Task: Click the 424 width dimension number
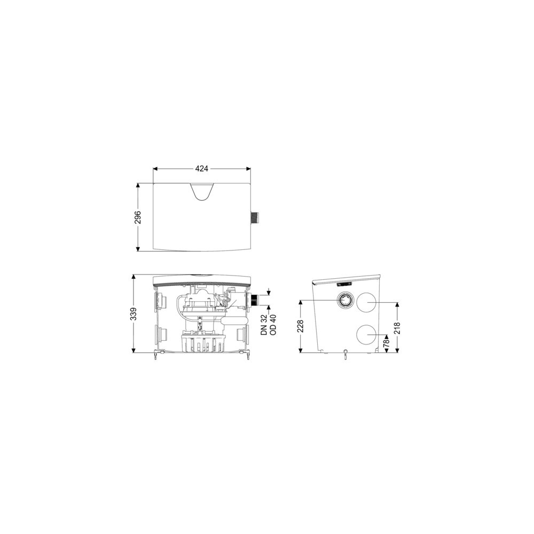tap(202, 168)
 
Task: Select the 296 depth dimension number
tap(138, 217)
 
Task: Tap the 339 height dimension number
tap(133, 313)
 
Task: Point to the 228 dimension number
tap(300, 326)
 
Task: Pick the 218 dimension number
tap(397, 328)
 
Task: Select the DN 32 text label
tap(264, 325)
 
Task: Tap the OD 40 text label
tap(273, 325)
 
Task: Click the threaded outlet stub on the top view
tap(254, 218)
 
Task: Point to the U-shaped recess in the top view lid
tap(202, 192)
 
